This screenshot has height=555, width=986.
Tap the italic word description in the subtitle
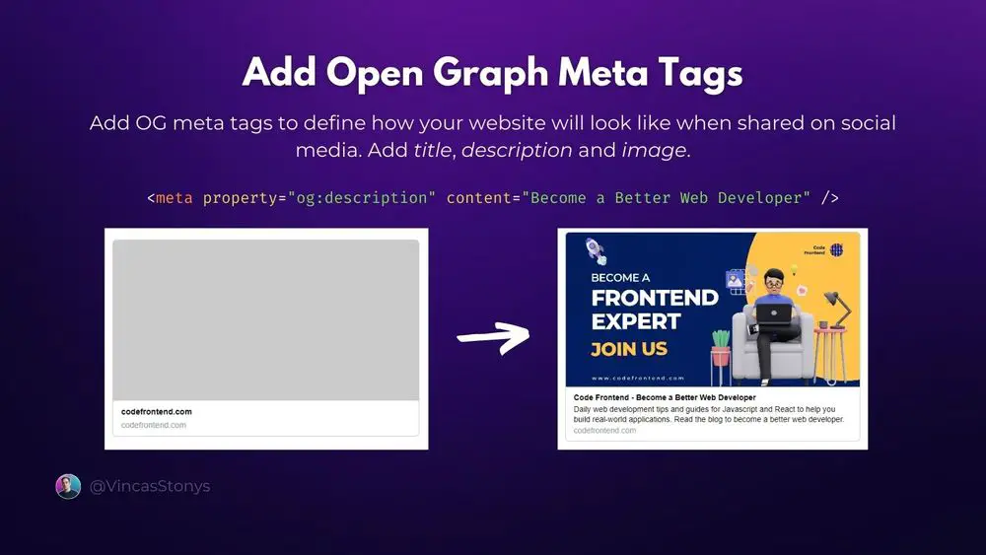pyautogui.click(x=517, y=151)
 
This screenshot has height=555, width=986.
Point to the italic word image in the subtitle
pyautogui.click(x=653, y=151)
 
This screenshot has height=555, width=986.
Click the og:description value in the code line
pyautogui.click(x=361, y=198)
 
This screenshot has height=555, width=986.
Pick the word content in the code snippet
pyautogui.click(x=478, y=198)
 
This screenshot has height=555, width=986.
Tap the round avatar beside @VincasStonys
pyautogui.click(x=68, y=486)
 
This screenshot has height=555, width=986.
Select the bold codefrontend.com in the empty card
pyautogui.click(x=157, y=411)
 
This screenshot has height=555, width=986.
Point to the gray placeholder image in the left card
pyautogui.click(x=266, y=320)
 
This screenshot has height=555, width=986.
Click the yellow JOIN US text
pyautogui.click(x=629, y=348)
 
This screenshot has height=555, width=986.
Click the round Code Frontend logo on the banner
pyautogui.click(x=837, y=250)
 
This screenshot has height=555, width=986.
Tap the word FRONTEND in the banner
pyautogui.click(x=654, y=298)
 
